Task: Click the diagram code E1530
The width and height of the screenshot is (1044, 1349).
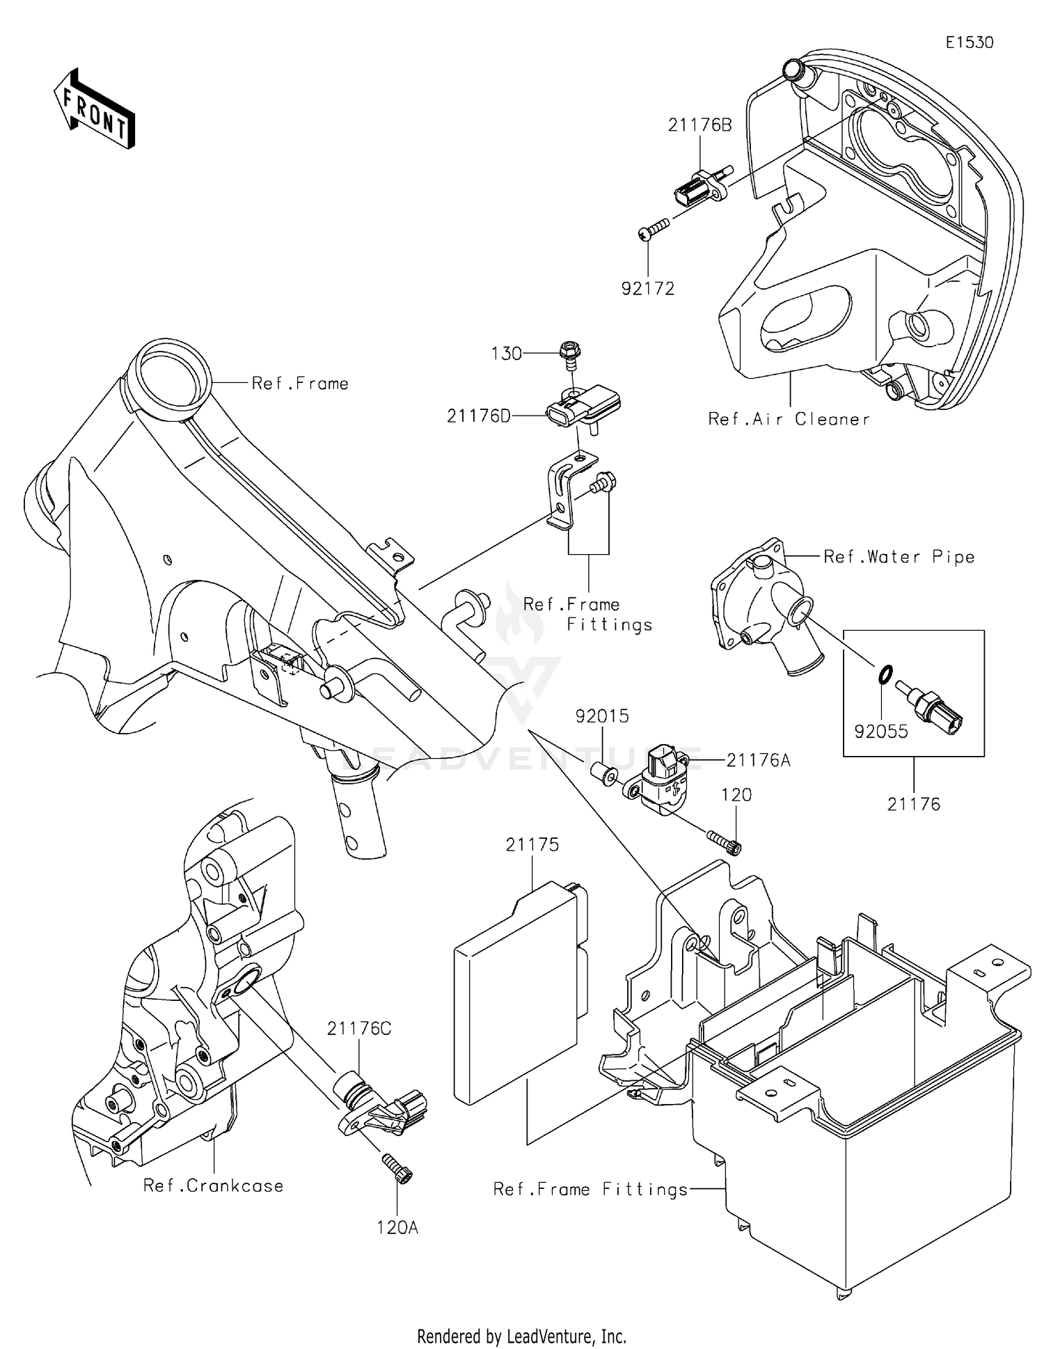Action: coord(969,42)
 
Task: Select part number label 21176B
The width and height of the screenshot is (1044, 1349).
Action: coord(699,125)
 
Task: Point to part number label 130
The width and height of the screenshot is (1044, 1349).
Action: coord(506,354)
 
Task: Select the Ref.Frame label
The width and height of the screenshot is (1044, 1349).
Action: coord(300,384)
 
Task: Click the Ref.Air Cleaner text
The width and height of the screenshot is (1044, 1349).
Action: coord(789,419)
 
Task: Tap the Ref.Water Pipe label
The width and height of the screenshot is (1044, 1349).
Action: coord(899,557)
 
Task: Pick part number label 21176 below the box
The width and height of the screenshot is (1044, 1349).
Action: coord(913,804)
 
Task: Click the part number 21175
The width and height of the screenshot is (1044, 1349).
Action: coord(532,844)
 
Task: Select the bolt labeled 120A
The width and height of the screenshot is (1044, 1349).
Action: coord(397,1167)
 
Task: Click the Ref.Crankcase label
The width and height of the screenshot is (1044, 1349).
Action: coord(213,1185)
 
